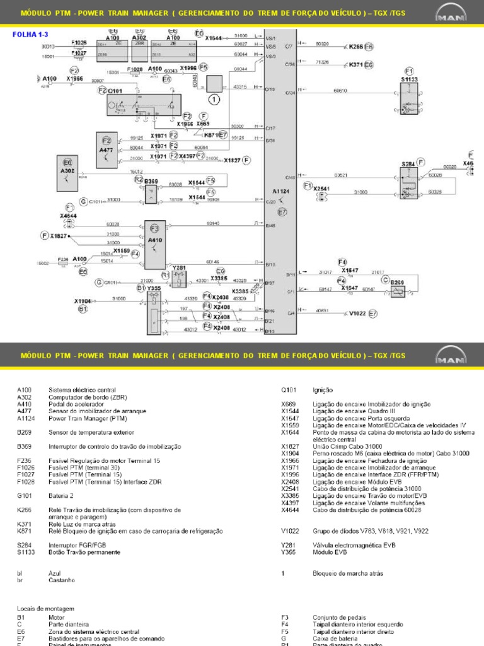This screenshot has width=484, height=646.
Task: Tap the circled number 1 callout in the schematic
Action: [x=214, y=98]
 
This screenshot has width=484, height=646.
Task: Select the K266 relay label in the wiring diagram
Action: [x=356, y=46]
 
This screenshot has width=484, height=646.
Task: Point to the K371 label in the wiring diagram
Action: [x=356, y=64]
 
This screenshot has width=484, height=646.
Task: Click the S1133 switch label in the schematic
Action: [x=409, y=80]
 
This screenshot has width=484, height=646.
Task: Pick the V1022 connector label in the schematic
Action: [x=357, y=313]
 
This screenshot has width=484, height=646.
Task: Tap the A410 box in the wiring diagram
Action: [x=154, y=240]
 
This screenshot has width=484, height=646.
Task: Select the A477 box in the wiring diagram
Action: [x=107, y=150]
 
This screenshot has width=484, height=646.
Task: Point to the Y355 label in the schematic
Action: [x=154, y=288]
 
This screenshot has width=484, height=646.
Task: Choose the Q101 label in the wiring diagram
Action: [x=116, y=91]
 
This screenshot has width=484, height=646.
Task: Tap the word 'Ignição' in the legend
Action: [x=323, y=390]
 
